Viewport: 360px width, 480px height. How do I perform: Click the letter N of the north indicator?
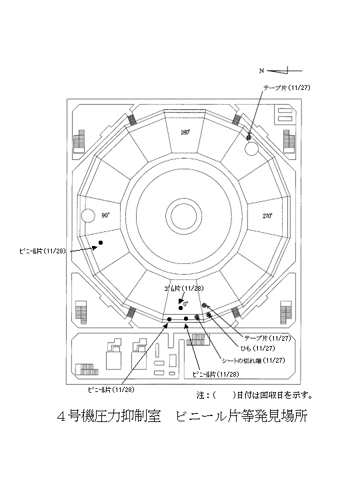[x=261, y=71]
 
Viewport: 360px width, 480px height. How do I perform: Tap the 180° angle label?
[x=185, y=133]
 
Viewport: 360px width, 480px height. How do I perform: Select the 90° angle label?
[x=105, y=215]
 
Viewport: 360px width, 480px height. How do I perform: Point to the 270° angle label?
[x=267, y=216]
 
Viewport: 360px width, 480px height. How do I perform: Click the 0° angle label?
[x=186, y=304]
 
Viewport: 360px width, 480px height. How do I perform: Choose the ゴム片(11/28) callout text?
[x=184, y=289]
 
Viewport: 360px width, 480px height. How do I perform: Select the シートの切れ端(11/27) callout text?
[x=253, y=361]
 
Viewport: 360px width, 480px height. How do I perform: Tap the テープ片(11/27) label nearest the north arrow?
[x=287, y=88]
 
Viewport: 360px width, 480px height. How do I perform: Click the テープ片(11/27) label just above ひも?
[x=267, y=338]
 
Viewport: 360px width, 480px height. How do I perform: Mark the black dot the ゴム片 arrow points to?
[x=181, y=307]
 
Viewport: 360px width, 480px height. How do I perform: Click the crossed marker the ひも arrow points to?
[x=209, y=315]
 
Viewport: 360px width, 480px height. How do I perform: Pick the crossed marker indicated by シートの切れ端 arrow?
[x=197, y=317]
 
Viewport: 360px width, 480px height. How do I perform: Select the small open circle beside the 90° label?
[x=88, y=215]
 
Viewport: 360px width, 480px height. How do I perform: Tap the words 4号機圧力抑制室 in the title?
[x=109, y=416]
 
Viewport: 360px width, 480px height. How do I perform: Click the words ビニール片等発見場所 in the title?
[x=241, y=416]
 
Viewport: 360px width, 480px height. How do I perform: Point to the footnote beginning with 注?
[x=255, y=395]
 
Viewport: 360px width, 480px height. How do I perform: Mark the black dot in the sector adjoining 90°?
[x=101, y=243]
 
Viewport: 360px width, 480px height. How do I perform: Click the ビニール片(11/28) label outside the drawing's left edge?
[x=43, y=251]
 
